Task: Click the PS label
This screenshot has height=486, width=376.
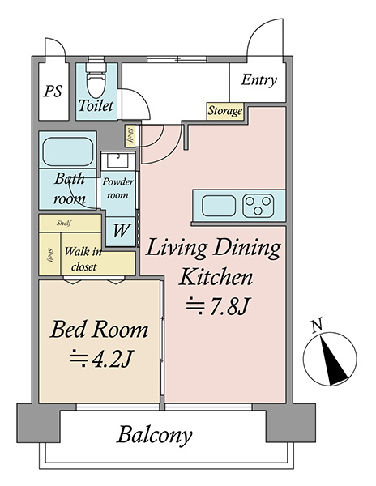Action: point(53,91)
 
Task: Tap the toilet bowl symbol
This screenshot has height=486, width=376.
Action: point(96,80)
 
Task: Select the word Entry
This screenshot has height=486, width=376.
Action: point(258,80)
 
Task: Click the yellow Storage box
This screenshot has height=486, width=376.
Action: point(225,111)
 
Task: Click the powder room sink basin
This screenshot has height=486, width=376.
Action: point(118,161)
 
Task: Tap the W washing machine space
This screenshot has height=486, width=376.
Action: point(121,231)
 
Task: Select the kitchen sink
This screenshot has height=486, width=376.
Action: point(219,206)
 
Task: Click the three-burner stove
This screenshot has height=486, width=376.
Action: point(258,206)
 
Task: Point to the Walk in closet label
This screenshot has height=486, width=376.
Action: point(83,259)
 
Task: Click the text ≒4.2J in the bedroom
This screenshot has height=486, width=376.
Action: point(100,360)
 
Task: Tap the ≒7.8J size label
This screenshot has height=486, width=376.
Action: point(217,307)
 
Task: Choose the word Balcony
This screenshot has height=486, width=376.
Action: point(154,436)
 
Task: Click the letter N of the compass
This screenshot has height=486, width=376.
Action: point(317,326)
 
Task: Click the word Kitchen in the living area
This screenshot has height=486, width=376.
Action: point(216,277)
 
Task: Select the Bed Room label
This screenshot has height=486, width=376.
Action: point(99,330)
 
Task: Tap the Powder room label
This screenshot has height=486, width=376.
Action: point(117,188)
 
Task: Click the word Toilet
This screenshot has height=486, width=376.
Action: point(96,105)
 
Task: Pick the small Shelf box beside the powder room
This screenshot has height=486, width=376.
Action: point(130,136)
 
